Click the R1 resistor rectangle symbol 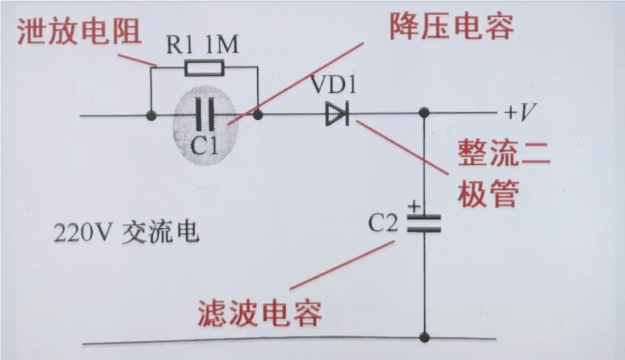(x=205, y=68)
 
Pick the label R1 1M (x=202, y=46)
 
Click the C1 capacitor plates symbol (x=204, y=114)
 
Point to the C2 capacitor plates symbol (x=423, y=223)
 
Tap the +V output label (x=520, y=113)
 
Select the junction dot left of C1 (x=151, y=114)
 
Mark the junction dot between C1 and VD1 (x=257, y=114)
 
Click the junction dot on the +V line (x=424, y=113)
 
